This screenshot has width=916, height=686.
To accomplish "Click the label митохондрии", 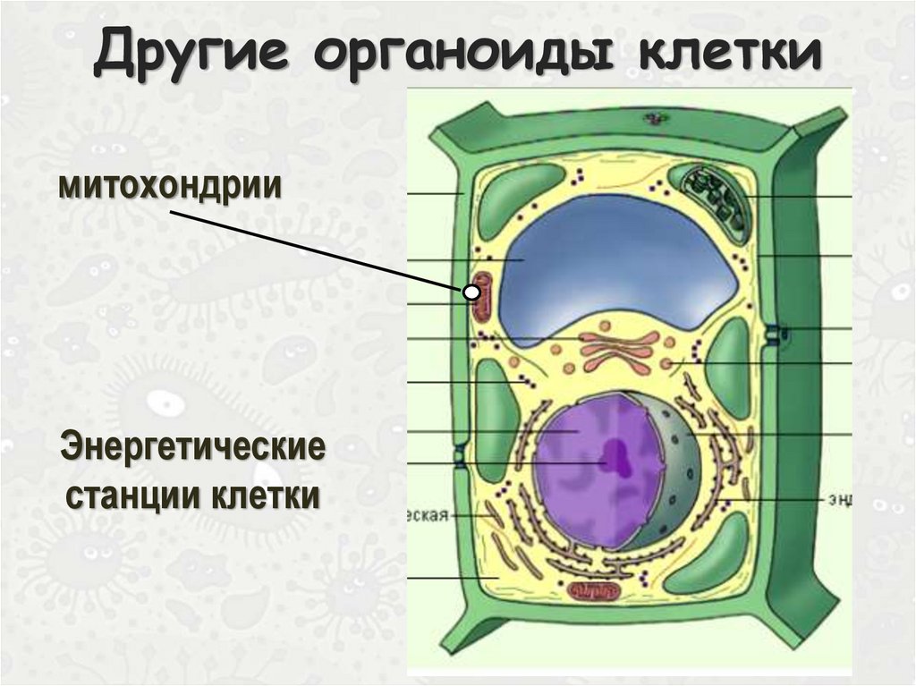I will [x=170, y=187].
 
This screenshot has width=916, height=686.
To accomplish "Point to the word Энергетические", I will [x=192, y=447].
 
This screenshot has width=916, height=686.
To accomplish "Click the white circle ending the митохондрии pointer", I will [x=471, y=291].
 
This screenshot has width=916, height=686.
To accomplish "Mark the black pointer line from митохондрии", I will [x=313, y=249].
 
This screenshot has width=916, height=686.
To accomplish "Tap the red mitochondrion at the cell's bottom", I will [x=594, y=590].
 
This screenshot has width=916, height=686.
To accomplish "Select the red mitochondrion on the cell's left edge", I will [x=482, y=297].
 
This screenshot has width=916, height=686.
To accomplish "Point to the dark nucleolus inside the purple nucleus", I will [x=615, y=458].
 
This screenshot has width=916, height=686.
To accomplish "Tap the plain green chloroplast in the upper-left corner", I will [x=508, y=201].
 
